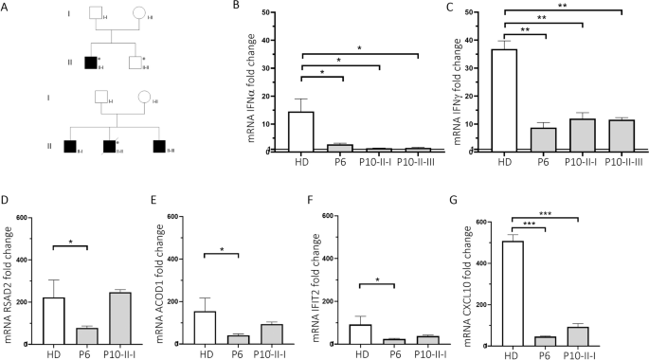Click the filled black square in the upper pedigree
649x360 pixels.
[90, 63]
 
